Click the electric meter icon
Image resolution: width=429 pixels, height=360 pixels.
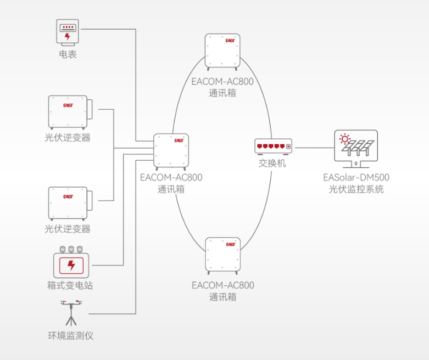[68, 32]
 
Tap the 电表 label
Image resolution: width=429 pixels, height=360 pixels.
[68, 54]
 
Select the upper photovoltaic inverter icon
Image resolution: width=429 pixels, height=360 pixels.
[70, 112]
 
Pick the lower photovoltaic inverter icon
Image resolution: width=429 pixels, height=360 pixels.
[70, 204]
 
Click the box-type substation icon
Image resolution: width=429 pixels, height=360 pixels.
[71, 262]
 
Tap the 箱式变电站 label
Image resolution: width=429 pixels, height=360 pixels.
[70, 285]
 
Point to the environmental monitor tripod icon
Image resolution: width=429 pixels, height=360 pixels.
[71, 313]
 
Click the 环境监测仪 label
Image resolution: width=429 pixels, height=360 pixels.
[71, 335]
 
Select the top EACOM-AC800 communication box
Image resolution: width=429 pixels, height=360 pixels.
[222, 52]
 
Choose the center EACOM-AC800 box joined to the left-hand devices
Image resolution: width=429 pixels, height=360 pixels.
[171, 151]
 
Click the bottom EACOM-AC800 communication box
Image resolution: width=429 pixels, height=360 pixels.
[222, 256]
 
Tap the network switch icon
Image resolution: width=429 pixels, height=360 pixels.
[274, 147]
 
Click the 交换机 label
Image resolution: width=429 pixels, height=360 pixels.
[272, 163]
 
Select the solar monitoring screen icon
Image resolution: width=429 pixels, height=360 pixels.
[356, 149]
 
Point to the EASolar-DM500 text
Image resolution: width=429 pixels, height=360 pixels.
[356, 177]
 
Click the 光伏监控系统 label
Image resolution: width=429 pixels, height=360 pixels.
[356, 189]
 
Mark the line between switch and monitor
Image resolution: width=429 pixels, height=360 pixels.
[315, 148]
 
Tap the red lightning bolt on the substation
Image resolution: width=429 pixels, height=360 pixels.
[71, 265]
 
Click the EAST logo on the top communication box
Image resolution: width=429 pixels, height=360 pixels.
[230, 41]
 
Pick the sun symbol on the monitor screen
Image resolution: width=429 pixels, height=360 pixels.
[345, 139]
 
